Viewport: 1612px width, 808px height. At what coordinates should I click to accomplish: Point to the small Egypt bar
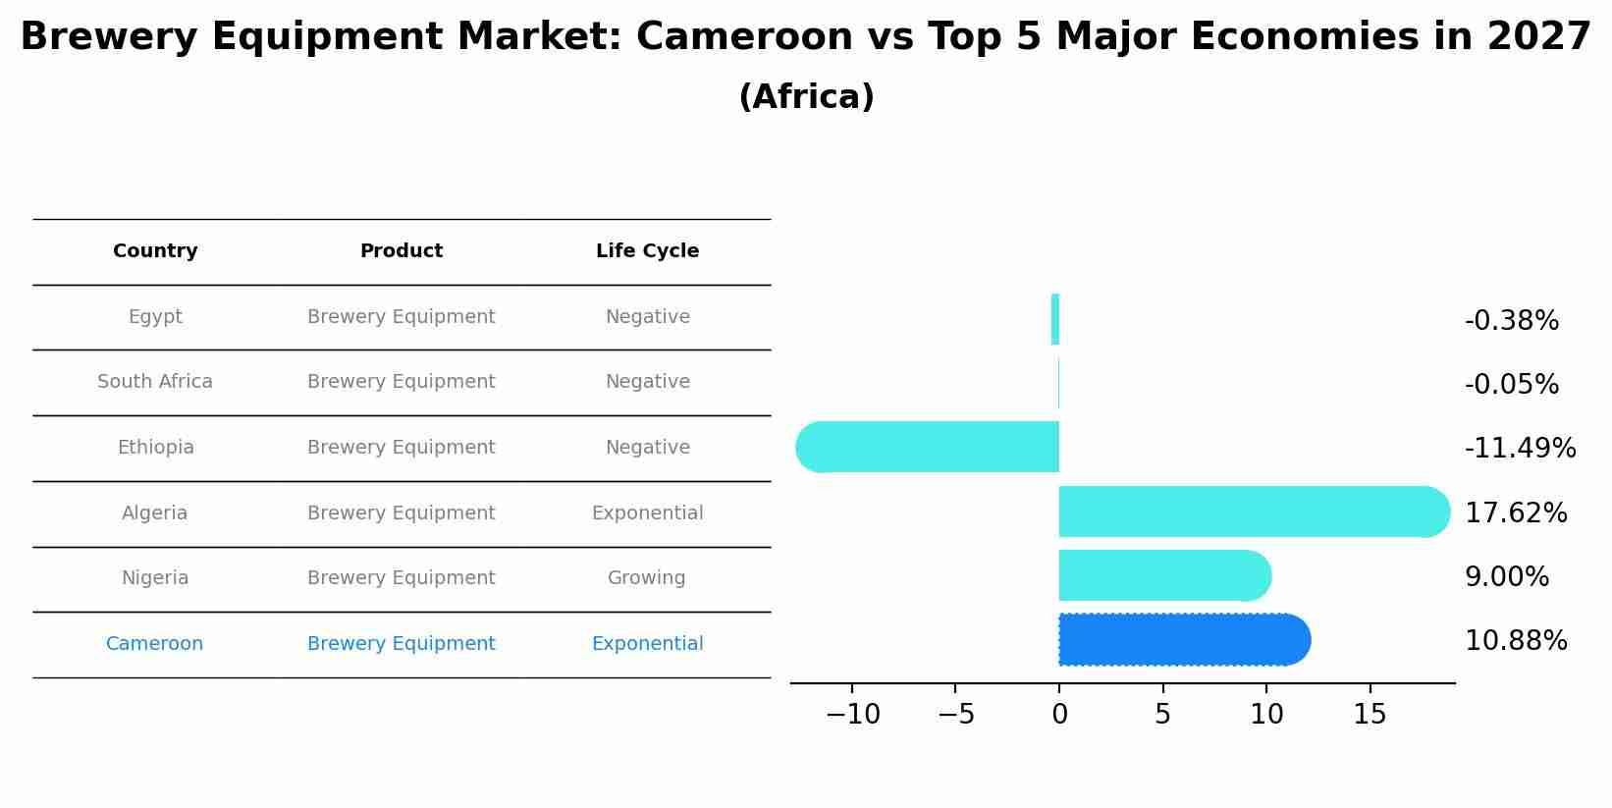pos(1055,319)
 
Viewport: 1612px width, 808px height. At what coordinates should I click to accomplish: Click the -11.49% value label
pos(1520,449)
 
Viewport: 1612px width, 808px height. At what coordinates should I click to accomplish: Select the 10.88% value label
pos(1516,641)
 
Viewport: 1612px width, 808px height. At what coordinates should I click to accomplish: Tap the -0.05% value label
pos(1511,385)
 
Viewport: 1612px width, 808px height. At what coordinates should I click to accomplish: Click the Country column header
pos(155,251)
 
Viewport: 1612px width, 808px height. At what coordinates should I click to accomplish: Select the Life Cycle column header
pos(647,251)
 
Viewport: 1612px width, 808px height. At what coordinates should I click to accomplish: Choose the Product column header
pos(401,251)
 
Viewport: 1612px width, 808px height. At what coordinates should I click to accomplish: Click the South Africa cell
pos(155,382)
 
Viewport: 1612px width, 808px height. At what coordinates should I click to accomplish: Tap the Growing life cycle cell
pos(646,578)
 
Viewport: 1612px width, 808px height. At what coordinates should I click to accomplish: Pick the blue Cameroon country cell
pos(154,644)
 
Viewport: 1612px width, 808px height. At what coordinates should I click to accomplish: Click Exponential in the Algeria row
pos(647,513)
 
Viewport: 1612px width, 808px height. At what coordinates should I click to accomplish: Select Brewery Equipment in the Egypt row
pos(401,317)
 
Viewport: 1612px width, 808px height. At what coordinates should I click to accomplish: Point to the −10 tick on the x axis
pos(852,715)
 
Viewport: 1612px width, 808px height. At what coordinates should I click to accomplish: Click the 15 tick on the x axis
pos(1370,715)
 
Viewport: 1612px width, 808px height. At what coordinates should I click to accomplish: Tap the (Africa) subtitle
pos(806,97)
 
